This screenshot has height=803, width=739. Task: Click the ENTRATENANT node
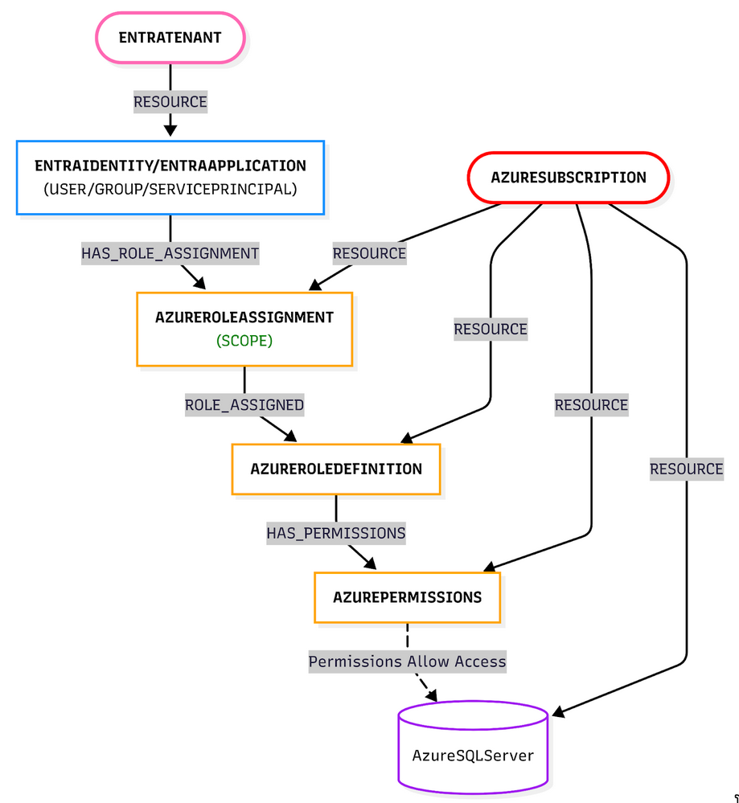click(x=170, y=38)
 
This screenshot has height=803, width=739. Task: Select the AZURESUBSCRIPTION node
click(x=568, y=177)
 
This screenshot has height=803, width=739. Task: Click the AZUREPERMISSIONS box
click(x=407, y=597)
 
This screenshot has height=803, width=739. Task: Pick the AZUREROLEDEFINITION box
click(x=335, y=469)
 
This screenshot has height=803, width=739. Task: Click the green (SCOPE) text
click(x=244, y=341)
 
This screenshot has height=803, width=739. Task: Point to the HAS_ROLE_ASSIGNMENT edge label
click(x=170, y=253)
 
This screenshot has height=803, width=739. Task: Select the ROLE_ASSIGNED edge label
click(x=244, y=405)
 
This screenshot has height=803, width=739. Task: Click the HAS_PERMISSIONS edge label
click(x=336, y=533)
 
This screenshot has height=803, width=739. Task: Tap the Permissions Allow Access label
click(x=407, y=662)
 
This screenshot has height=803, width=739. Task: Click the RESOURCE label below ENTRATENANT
click(x=170, y=102)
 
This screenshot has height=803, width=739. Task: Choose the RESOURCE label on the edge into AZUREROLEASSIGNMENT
click(x=369, y=253)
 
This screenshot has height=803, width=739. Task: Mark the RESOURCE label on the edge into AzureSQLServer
click(x=686, y=469)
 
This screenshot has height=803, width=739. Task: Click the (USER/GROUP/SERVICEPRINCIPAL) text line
click(x=170, y=190)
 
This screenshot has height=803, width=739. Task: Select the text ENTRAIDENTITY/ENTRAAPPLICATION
click(x=170, y=166)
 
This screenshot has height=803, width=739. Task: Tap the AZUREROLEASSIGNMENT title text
click(x=244, y=318)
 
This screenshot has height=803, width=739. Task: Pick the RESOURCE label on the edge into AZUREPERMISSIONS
click(x=591, y=405)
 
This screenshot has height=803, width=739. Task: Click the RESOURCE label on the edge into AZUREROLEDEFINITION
click(x=491, y=329)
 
